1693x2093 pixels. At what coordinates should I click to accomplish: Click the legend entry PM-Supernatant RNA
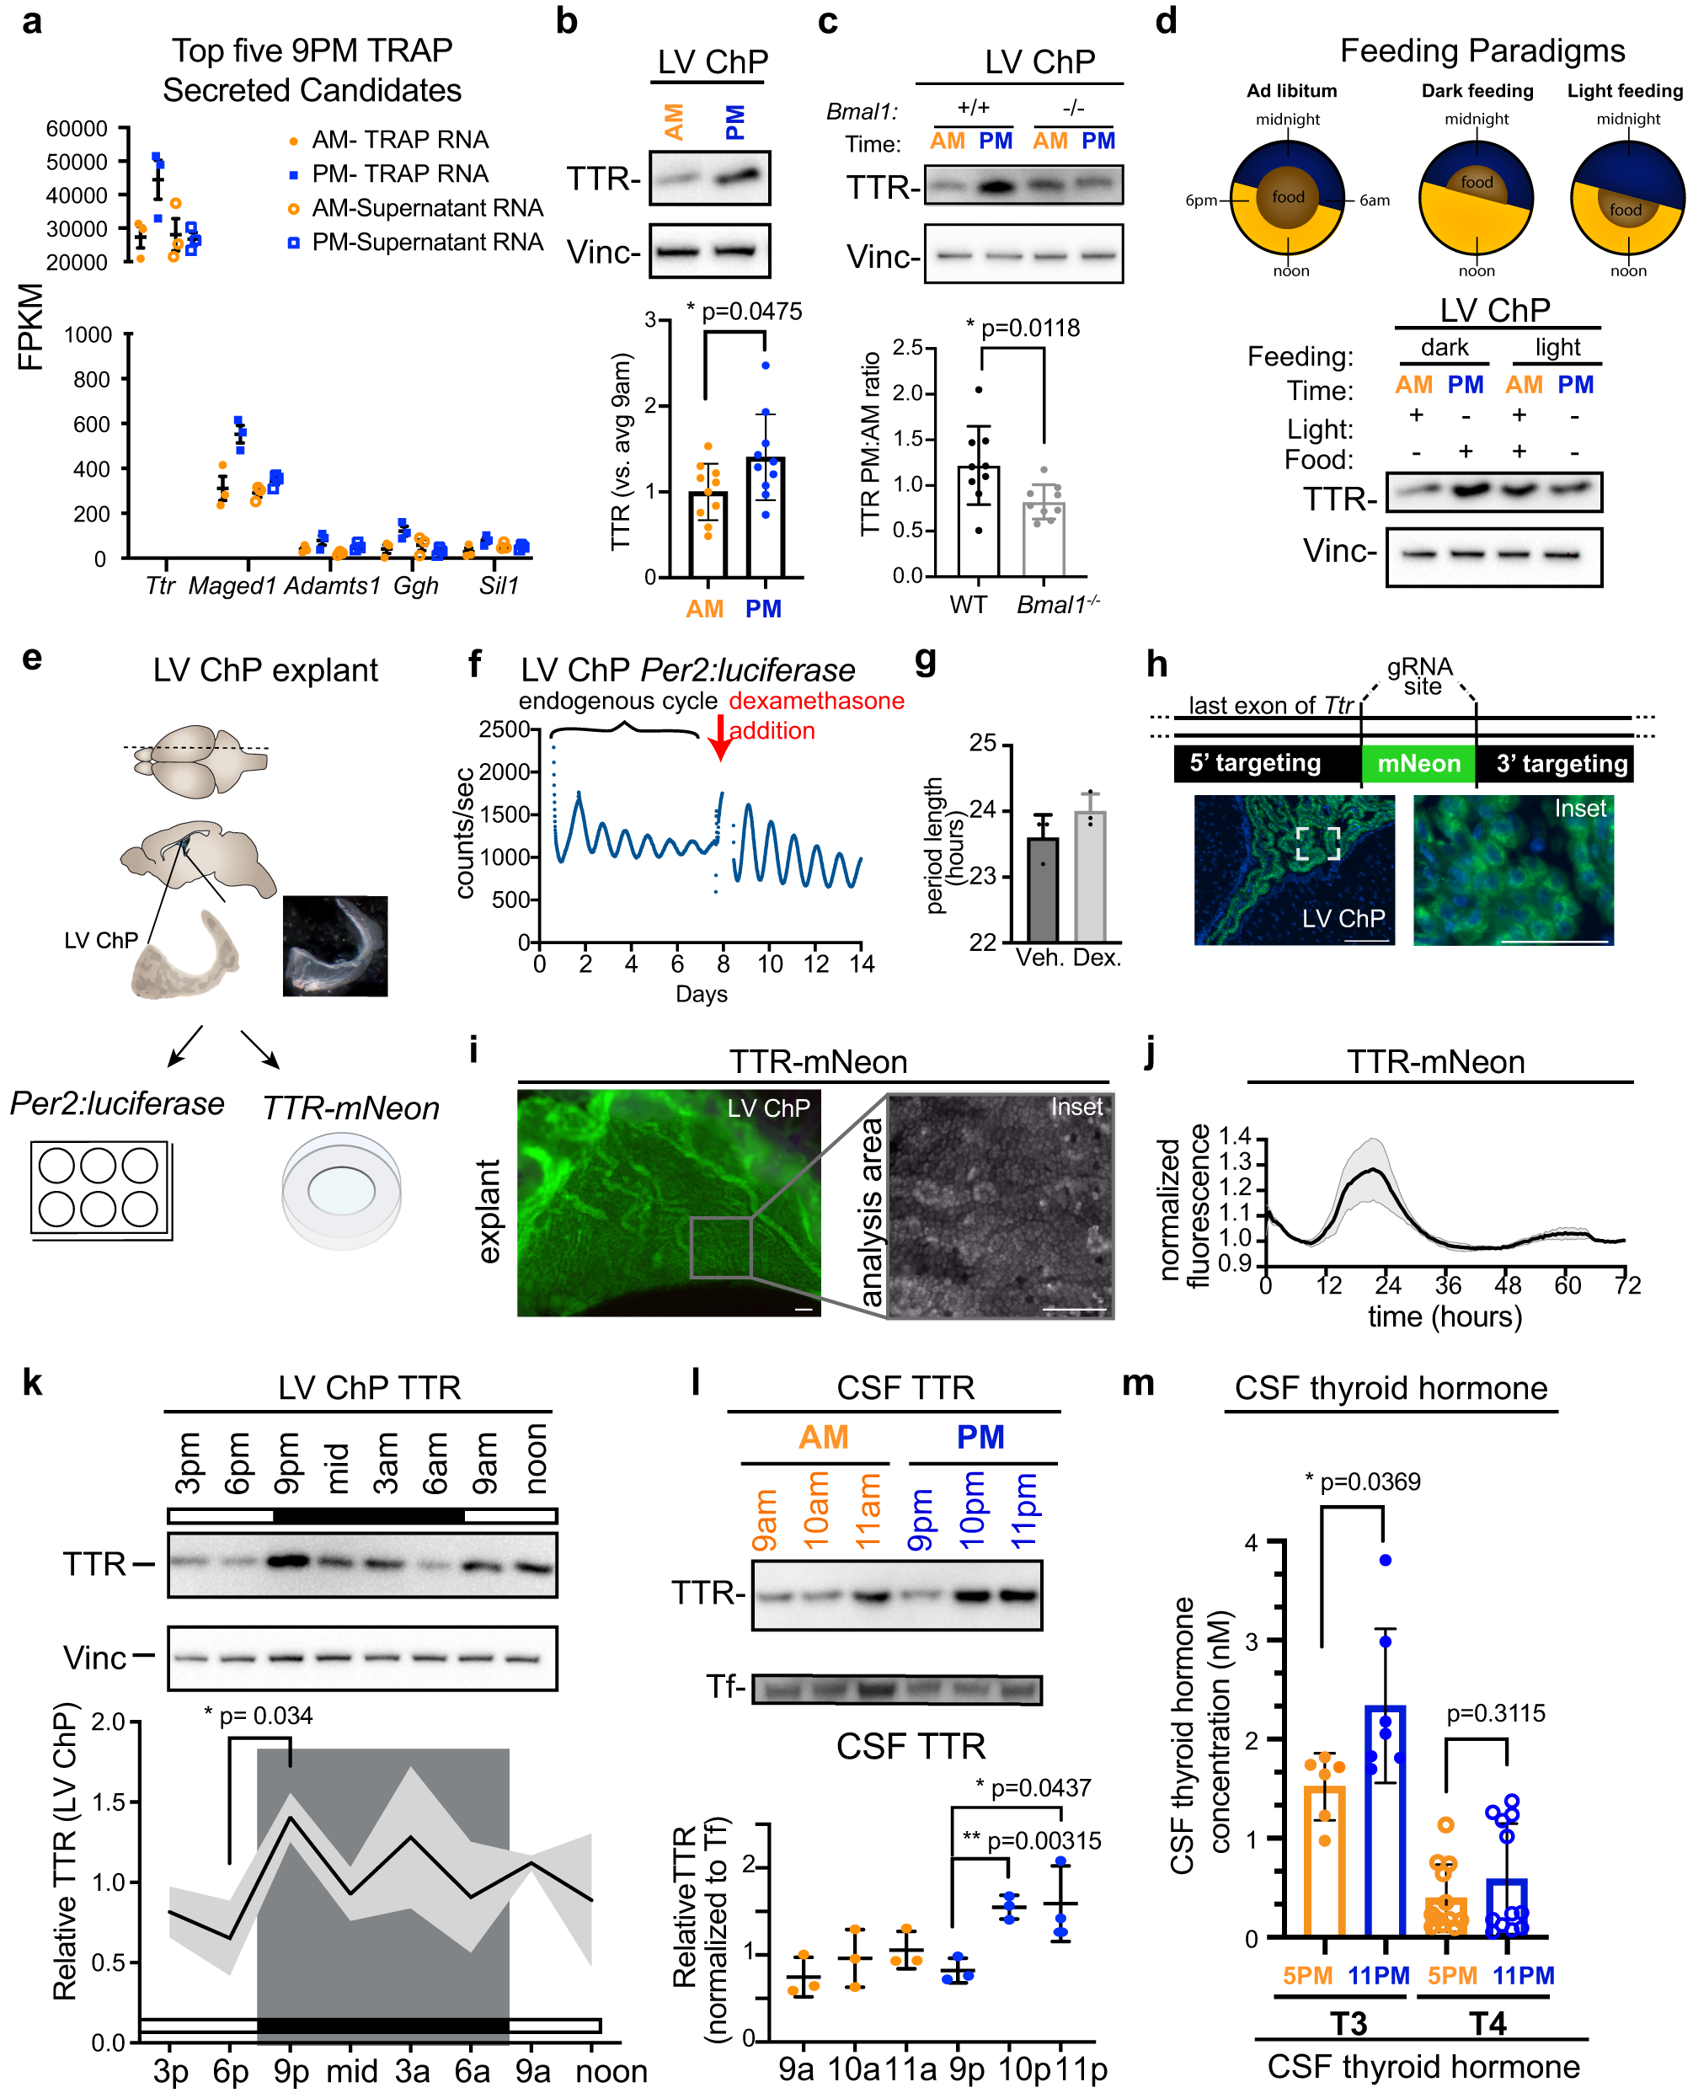click(426, 242)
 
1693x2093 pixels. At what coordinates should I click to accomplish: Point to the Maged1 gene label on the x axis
click(232, 585)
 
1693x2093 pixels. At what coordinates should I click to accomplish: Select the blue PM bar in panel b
click(765, 517)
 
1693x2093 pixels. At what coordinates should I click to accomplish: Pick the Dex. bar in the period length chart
click(1089, 875)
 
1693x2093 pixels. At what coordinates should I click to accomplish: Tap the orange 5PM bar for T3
click(1324, 1861)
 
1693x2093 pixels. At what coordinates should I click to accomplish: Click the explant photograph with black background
click(334, 946)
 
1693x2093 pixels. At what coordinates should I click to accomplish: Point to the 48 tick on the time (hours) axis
click(1507, 1285)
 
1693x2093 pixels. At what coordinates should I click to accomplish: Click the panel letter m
click(1138, 1383)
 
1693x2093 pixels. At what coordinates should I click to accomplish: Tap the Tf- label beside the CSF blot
click(725, 1686)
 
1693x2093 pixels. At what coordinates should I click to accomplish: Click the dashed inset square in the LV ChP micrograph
click(1317, 844)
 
